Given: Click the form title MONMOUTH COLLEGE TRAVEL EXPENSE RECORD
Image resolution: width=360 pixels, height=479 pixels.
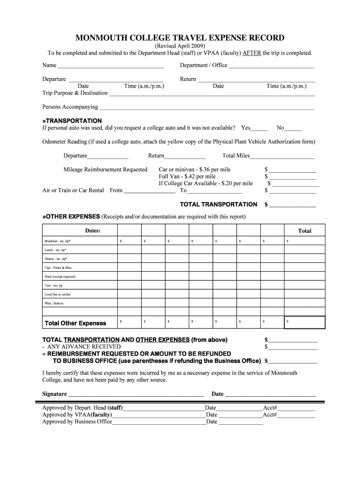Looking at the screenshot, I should (180, 38).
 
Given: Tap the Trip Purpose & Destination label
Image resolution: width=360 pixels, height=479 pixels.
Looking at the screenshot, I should (75, 93).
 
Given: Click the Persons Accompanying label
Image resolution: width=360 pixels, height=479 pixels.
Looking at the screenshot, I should (70, 107).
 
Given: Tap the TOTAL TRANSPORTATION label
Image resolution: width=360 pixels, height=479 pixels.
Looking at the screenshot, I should (218, 204).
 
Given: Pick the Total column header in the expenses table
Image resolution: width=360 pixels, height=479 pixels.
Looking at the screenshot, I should (304, 231).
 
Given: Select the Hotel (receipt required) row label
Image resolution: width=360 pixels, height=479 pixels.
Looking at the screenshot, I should (60, 276).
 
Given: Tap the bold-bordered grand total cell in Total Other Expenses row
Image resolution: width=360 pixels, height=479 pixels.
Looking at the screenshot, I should (304, 323).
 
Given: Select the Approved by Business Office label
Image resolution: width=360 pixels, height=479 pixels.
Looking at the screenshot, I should (77, 421).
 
